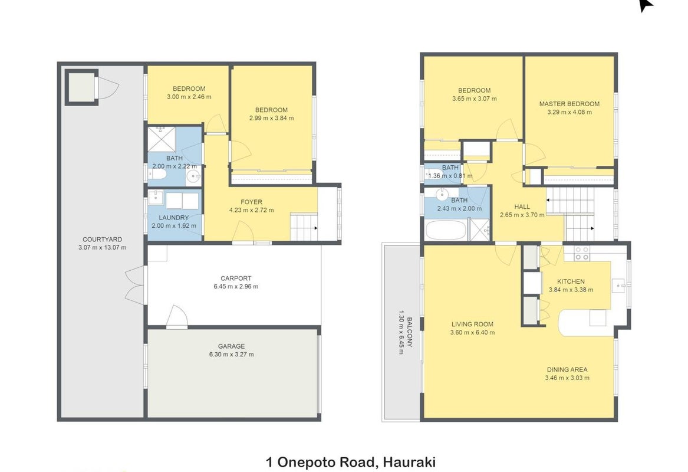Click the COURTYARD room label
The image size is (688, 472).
(102, 240)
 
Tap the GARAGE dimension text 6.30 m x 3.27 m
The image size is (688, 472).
(231, 355)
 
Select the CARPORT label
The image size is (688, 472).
(236, 278)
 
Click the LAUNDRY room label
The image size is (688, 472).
(174, 217)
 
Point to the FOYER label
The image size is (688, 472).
(251, 202)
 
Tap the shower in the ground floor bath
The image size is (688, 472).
(161, 139)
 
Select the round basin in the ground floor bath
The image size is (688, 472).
(193, 176)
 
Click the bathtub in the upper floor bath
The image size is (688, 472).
(445, 230)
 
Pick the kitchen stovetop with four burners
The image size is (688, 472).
(582, 253)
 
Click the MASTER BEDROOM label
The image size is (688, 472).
(569, 104)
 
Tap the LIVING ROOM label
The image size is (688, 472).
(472, 324)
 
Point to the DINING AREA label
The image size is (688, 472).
(567, 370)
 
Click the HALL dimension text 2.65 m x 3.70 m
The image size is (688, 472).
(522, 215)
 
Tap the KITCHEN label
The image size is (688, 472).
(571, 281)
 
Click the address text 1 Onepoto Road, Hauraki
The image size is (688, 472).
(351, 462)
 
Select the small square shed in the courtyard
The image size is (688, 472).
(81, 88)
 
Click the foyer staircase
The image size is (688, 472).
(304, 227)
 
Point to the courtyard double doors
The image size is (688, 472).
(134, 286)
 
